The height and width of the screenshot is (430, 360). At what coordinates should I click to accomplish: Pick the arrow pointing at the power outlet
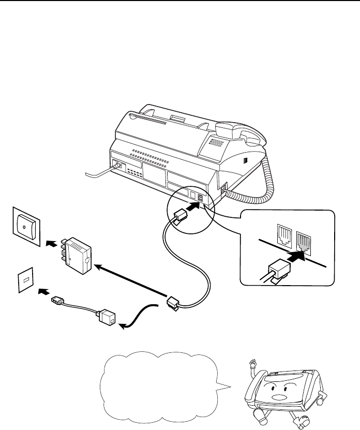50,241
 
